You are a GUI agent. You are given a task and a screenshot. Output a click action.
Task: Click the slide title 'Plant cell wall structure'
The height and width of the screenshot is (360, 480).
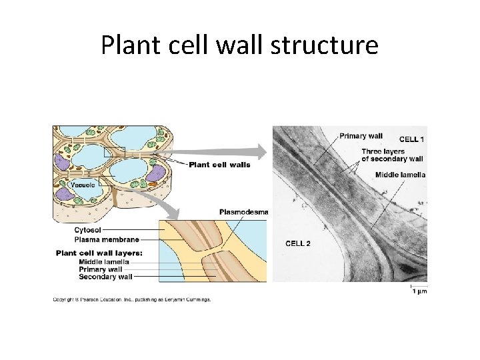[x=239, y=45]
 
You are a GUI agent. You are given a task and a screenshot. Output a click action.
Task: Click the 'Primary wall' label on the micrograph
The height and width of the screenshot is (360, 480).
[x=361, y=136]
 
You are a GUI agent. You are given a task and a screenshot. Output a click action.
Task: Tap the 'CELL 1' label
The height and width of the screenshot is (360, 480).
[x=411, y=139]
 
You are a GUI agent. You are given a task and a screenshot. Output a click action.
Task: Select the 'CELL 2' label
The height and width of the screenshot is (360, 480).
[x=298, y=243]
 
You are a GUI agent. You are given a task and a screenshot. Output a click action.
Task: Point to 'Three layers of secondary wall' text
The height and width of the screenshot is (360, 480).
[x=392, y=155]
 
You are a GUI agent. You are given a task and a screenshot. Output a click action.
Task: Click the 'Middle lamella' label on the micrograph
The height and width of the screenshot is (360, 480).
[x=400, y=175]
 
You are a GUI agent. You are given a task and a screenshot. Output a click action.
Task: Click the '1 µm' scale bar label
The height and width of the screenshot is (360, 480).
[x=419, y=291]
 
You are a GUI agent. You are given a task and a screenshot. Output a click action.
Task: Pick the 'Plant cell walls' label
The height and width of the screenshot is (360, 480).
[x=215, y=165]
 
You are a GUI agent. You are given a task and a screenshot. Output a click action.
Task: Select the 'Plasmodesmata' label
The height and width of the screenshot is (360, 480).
[x=244, y=212]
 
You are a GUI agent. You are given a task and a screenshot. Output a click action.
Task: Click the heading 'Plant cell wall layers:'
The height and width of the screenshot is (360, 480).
[x=99, y=253]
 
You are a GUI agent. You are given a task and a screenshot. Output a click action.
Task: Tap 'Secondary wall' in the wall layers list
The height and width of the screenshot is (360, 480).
[x=105, y=277]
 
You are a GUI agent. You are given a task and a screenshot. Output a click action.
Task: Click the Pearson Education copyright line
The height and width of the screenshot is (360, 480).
[x=132, y=299]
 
